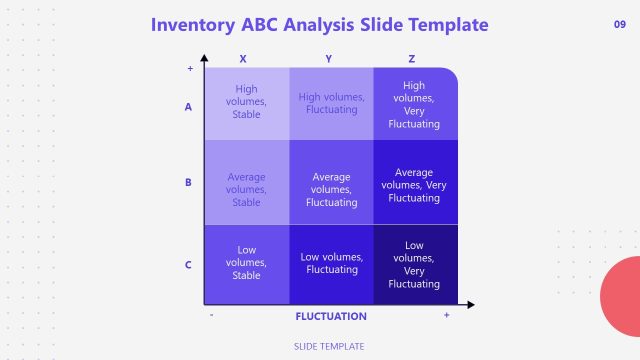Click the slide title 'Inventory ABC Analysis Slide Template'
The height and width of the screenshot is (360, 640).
point(320,24)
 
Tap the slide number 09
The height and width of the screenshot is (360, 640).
point(619,24)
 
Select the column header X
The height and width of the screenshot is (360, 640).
point(243,59)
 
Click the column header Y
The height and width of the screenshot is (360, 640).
point(329,59)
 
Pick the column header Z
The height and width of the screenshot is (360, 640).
point(414,59)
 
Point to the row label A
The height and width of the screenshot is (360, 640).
point(188,106)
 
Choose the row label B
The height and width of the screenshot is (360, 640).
point(188,183)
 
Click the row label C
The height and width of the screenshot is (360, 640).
point(188,265)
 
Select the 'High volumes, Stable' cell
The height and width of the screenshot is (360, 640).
point(246,102)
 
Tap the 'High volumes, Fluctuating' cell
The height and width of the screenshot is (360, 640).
point(331,103)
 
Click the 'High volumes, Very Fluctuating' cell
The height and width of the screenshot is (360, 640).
point(414,105)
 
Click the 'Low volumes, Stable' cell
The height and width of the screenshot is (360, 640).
point(246,262)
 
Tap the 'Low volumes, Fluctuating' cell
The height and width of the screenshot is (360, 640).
point(331,262)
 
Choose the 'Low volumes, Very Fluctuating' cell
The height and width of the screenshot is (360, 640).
point(414,264)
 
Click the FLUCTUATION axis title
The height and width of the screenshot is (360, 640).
point(331,316)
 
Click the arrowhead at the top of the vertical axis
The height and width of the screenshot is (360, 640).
point(204,59)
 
